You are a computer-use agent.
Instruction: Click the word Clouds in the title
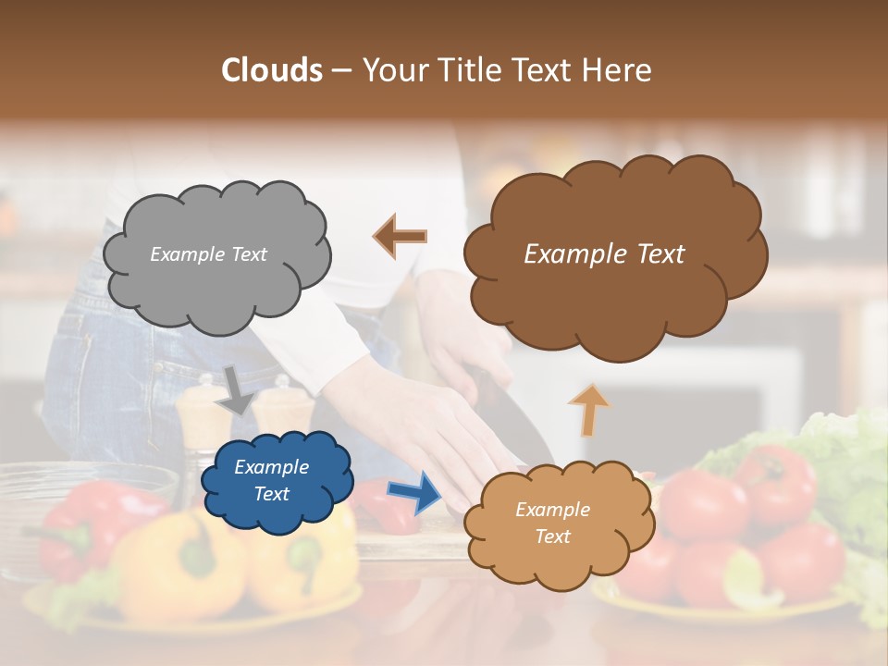pos(272,70)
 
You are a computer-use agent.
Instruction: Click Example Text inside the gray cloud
pos(208,254)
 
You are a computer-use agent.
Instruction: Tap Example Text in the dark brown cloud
pos(604,254)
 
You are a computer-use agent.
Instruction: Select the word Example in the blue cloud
pos(271,467)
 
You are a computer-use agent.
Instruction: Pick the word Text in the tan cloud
pos(552,536)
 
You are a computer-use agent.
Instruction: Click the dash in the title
pos(341,70)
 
